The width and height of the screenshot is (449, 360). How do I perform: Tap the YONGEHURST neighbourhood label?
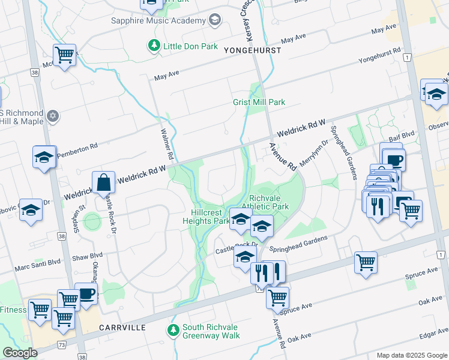pyautogui.click(x=252, y=50)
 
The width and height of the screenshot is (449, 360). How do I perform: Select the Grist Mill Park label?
pyautogui.click(x=259, y=102)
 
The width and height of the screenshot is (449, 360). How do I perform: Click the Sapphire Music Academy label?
pyautogui.click(x=158, y=20)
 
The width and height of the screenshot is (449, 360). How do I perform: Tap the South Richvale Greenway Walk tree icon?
pyautogui.click(x=173, y=331)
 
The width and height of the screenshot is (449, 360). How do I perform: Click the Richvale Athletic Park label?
pyautogui.click(x=269, y=202)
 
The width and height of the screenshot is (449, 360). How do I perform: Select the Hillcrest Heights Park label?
pyautogui.click(x=206, y=217)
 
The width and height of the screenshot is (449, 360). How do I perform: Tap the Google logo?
pyautogui.click(x=20, y=353)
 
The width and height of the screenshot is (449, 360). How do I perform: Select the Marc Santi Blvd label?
pyautogui.click(x=38, y=262)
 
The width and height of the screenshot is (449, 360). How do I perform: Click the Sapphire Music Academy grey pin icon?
pyautogui.click(x=214, y=20)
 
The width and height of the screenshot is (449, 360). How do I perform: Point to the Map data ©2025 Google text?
pyautogui.click(x=411, y=355)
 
